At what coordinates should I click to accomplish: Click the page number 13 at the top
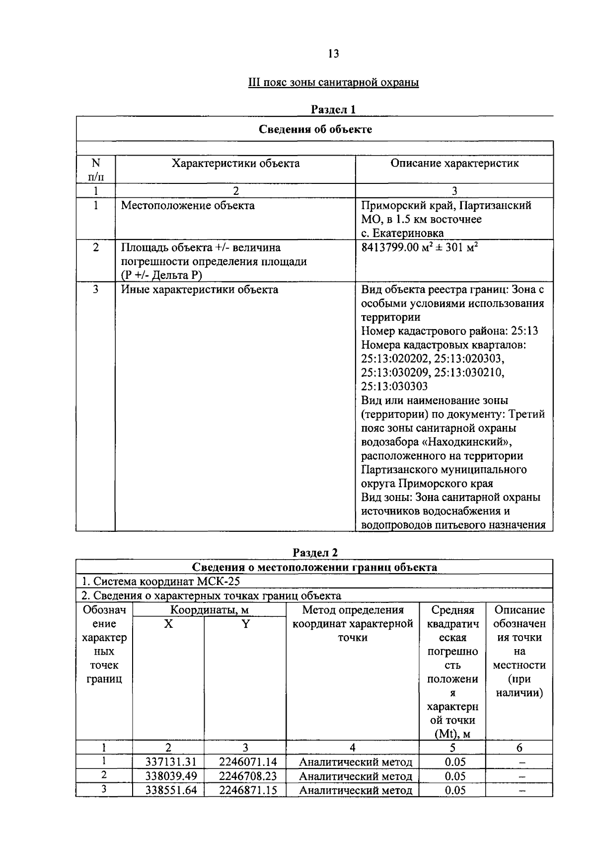click(333, 54)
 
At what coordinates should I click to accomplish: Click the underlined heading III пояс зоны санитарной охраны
click(333, 82)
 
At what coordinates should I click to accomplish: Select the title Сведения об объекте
click(315, 130)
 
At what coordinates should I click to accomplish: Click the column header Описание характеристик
click(454, 164)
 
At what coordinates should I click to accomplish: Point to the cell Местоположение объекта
click(188, 206)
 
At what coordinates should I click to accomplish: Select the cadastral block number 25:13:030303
click(394, 387)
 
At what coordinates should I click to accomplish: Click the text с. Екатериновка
click(402, 233)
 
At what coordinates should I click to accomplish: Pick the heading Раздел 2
click(315, 553)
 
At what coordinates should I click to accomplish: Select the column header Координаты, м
click(209, 610)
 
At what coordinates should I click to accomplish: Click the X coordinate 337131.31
click(168, 762)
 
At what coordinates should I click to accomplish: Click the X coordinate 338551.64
click(168, 790)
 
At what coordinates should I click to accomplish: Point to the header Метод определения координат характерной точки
click(353, 624)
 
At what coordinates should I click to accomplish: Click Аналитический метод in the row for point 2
click(356, 776)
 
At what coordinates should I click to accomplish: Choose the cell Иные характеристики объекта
click(200, 290)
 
